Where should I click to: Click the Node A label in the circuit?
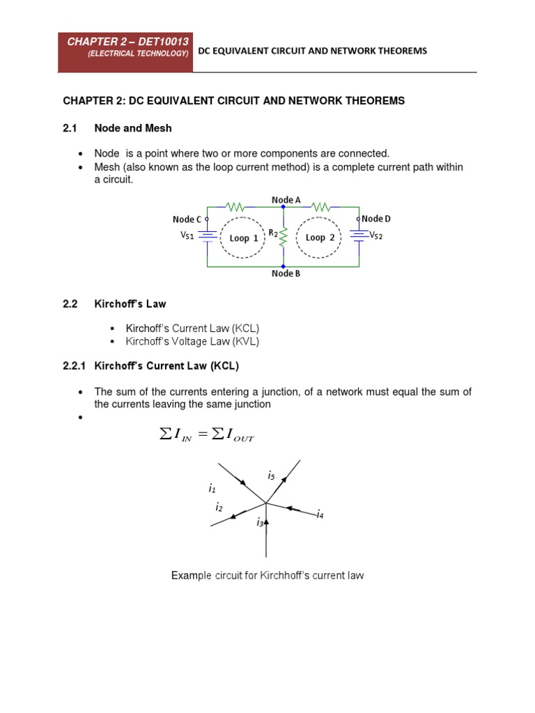286,200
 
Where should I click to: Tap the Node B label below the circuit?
286,274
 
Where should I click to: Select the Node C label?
187,219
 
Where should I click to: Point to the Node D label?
376,219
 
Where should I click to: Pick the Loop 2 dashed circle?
321,237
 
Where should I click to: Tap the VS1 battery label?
187,235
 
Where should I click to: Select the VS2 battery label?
377,235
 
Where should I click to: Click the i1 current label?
212,489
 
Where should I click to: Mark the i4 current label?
320,515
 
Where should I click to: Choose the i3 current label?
260,522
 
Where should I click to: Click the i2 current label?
219,507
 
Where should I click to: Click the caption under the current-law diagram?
267,576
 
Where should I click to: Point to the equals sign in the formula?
202,436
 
